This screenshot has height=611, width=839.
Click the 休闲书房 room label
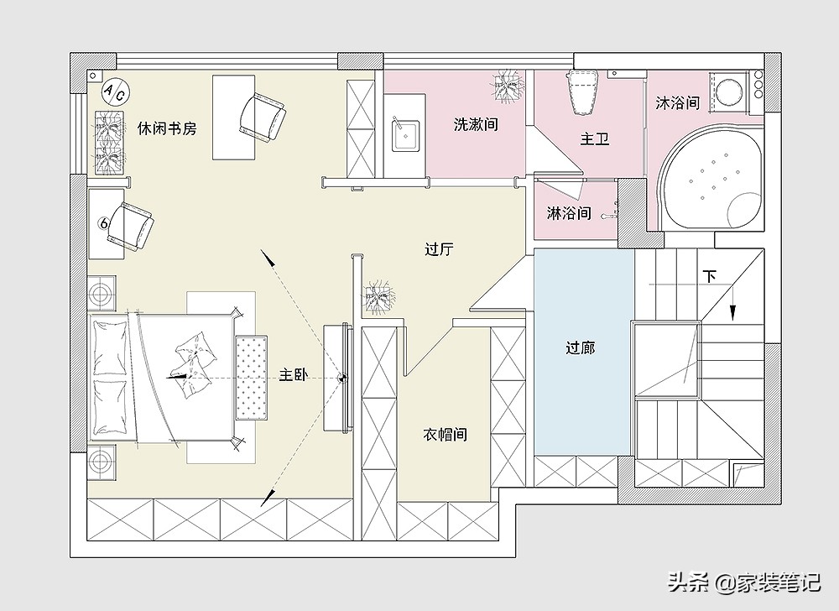[x=167, y=128]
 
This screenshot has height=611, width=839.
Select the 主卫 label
[x=594, y=139]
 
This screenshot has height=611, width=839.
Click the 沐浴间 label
[x=678, y=103]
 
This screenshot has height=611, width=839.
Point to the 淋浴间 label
[x=569, y=213]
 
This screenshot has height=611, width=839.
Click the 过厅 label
[x=439, y=249]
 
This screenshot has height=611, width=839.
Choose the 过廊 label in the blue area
[x=581, y=347]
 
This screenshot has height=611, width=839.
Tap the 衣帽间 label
[x=445, y=435]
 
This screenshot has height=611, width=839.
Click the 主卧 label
[x=293, y=375]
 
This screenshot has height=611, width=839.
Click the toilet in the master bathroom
[x=584, y=91]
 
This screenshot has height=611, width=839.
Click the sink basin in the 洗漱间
[x=406, y=134]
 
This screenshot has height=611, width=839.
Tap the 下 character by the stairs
[x=710, y=276]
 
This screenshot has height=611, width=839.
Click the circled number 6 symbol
[x=104, y=223]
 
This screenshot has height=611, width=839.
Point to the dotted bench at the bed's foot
[x=251, y=377]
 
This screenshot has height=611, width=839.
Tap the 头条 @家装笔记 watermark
[x=742, y=582]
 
